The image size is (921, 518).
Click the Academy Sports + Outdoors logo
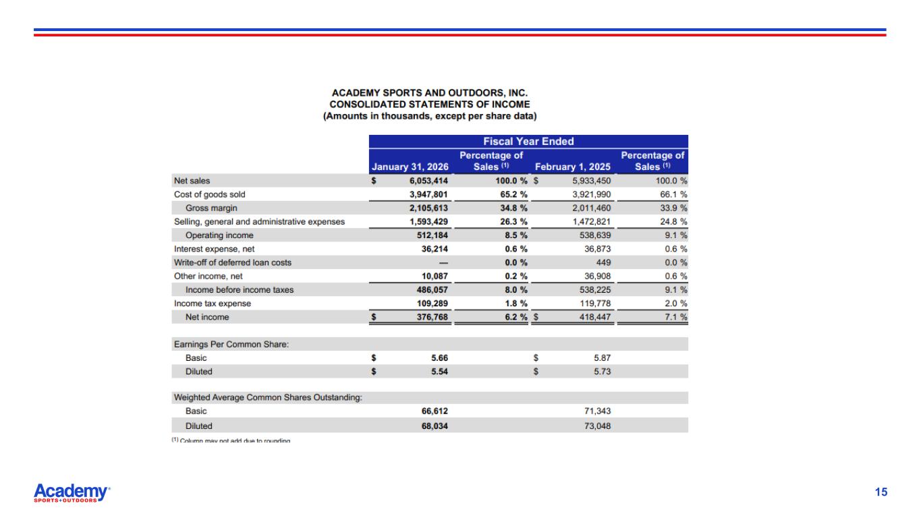click(72, 493)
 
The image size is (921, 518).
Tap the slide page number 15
click(881, 492)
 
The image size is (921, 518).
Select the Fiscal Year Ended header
click(528, 142)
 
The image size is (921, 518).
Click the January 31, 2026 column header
click(410, 167)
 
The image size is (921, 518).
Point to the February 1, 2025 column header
click(572, 167)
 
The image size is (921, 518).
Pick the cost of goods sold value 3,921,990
click(590, 194)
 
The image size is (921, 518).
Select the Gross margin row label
click(211, 208)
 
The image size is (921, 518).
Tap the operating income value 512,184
click(430, 235)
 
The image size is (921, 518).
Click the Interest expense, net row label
click(214, 249)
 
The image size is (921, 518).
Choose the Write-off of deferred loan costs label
click(233, 262)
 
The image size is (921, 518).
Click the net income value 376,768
click(430, 317)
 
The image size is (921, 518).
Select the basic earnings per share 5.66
click(439, 357)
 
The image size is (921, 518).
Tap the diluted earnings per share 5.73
click(602, 371)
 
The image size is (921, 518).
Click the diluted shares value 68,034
click(435, 426)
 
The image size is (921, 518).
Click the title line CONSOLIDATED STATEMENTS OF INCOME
click(430, 105)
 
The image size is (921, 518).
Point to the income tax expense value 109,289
click(430, 304)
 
